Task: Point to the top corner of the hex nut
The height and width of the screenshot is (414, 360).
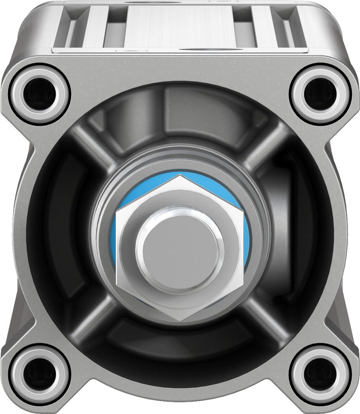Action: (180, 177)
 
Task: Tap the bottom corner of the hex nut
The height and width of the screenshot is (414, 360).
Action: (180, 319)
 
